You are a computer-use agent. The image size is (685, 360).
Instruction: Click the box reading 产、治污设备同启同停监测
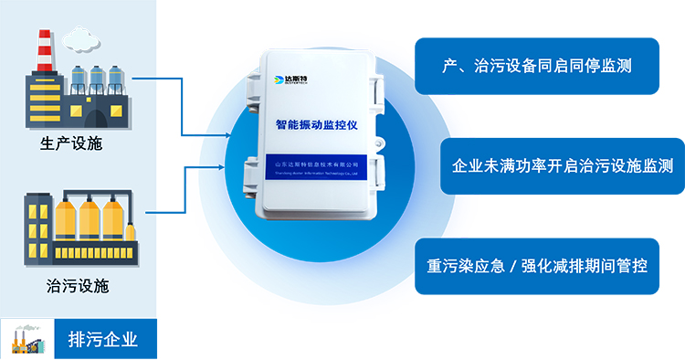coord(537,67)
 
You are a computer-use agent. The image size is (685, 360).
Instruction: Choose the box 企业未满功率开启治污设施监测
coord(563,166)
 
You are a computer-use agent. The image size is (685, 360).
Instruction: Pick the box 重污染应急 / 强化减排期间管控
coord(537,267)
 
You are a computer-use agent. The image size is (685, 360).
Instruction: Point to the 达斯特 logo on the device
coord(290,79)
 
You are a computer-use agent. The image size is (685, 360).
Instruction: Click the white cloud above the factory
coord(81,38)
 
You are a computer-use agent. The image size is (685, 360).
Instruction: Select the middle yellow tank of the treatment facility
coord(89,219)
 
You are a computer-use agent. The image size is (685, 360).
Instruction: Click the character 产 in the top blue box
coord(448,67)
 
